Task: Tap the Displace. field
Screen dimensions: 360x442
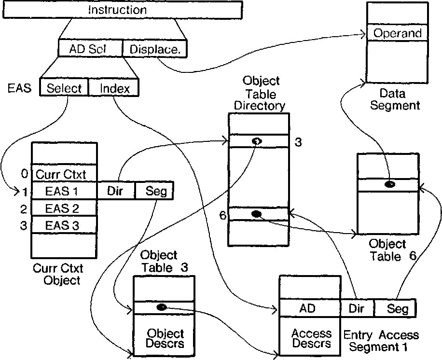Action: click(x=154, y=48)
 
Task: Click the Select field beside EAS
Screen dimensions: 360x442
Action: click(x=64, y=88)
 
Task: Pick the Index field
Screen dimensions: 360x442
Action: click(x=114, y=88)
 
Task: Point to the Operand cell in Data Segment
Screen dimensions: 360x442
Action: click(x=397, y=33)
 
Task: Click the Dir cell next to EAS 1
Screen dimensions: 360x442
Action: click(x=116, y=191)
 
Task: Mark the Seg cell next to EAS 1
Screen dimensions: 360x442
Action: click(x=154, y=191)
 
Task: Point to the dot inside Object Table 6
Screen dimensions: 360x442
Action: click(x=389, y=184)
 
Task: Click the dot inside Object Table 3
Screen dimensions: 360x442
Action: click(x=162, y=307)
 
